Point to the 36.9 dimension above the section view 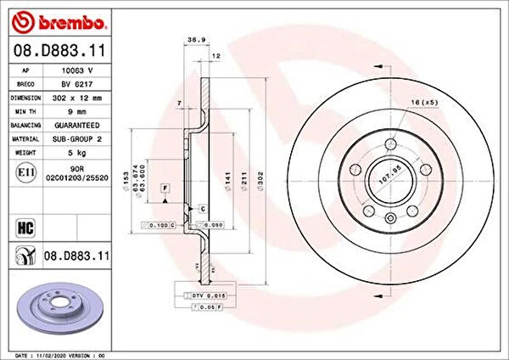click(x=193, y=40)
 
